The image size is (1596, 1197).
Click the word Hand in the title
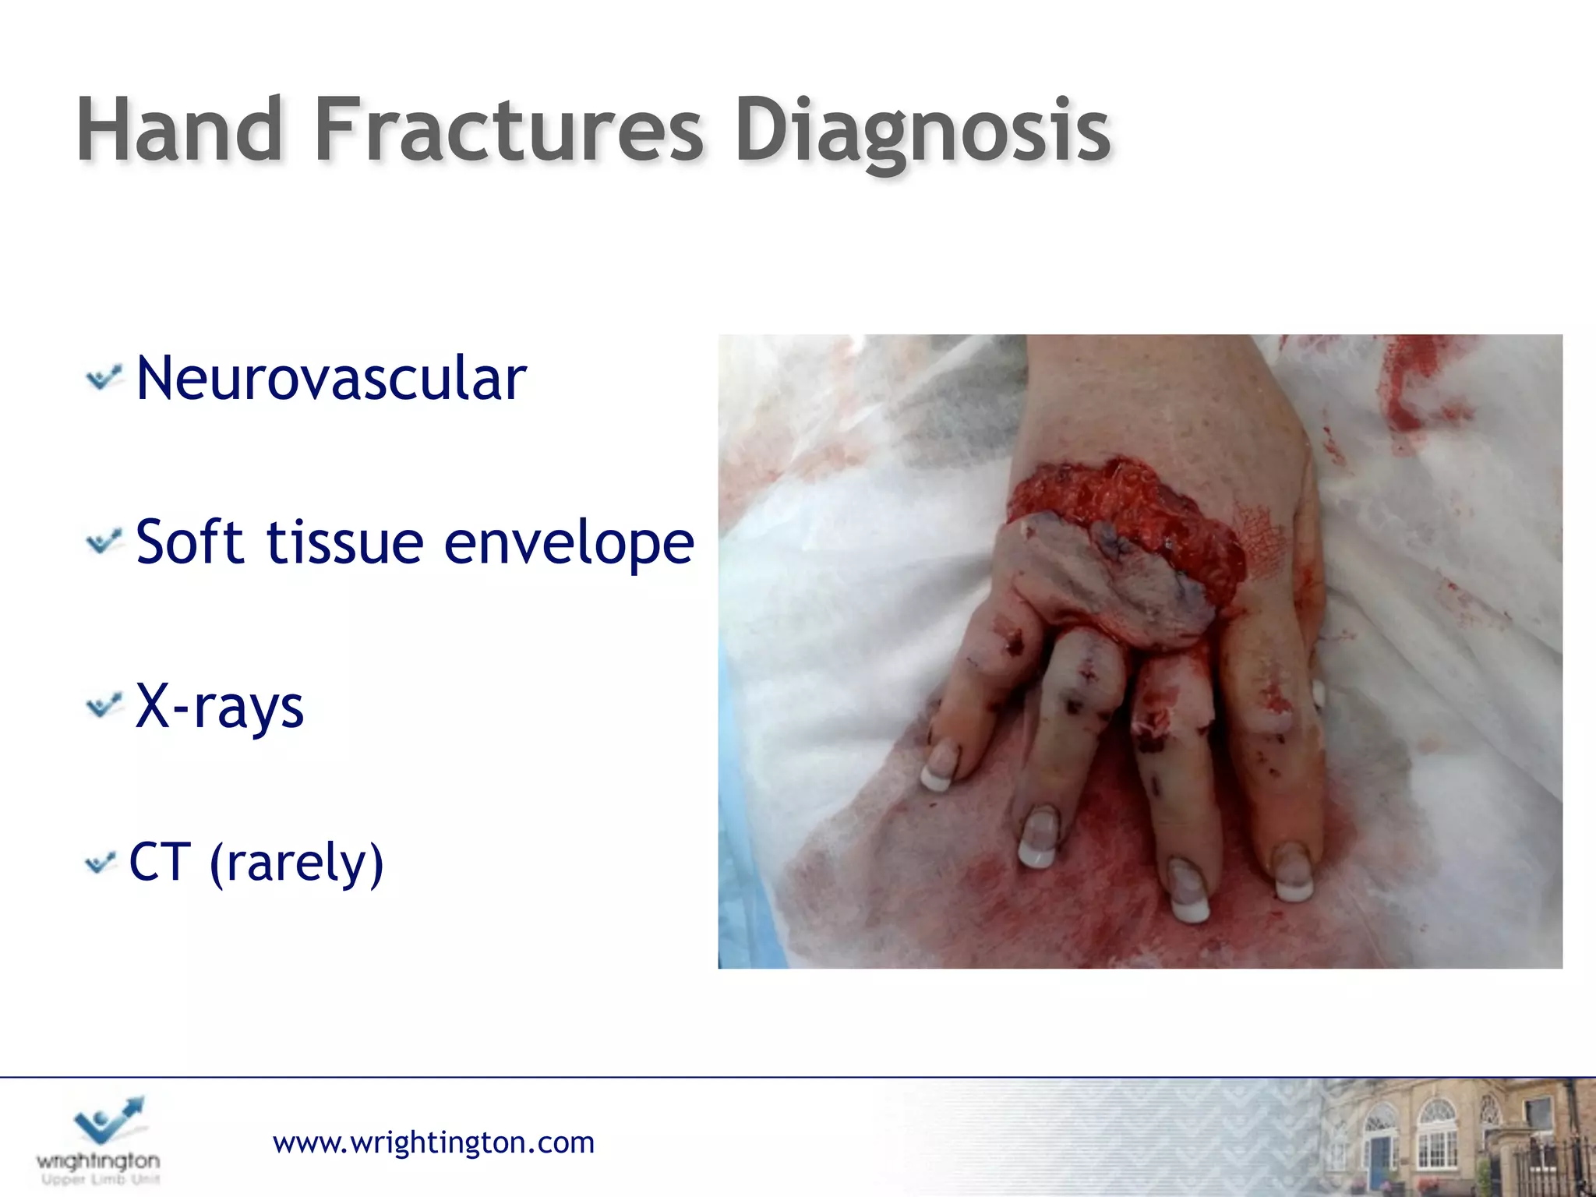179,131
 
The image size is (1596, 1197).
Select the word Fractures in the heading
508,131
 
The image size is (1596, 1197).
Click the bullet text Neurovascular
331,379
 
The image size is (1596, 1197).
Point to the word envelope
569,543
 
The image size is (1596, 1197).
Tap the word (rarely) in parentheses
297,863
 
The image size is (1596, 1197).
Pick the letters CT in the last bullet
160,862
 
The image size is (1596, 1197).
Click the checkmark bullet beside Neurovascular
104,378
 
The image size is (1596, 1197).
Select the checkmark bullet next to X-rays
104,706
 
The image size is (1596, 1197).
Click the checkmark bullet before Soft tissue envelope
104,542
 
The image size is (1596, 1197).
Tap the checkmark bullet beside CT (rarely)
101,862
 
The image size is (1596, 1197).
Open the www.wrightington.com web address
433,1142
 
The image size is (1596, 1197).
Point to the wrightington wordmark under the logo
98,1161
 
